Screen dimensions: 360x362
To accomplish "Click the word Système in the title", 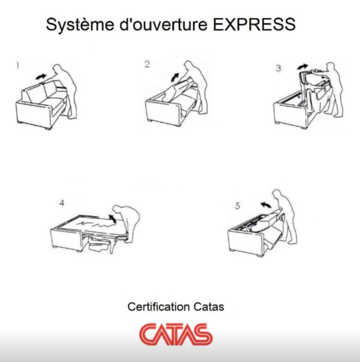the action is point(80,25).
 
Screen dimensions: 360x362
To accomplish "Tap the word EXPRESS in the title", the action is point(254,24).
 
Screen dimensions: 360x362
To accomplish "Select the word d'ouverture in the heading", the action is point(163,24).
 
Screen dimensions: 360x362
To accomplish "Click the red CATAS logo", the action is point(176,334).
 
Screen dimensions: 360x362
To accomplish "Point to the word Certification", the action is point(159,307).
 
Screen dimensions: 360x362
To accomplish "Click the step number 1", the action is point(17,66).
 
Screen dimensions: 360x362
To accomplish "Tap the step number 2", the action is point(147,64).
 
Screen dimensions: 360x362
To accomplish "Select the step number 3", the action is point(278,68).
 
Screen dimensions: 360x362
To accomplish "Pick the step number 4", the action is point(62,203).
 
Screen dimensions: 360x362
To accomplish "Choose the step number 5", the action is point(237,206).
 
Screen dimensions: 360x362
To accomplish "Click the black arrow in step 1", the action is point(41,77).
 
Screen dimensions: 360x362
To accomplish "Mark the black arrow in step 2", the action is point(175,77).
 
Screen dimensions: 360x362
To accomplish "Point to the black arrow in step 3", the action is point(302,67).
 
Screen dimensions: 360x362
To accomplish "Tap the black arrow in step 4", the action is point(113,218).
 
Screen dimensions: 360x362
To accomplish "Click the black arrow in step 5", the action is point(266,204).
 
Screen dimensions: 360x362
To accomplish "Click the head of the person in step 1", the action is point(57,69).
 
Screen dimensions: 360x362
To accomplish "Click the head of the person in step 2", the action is point(189,65).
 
